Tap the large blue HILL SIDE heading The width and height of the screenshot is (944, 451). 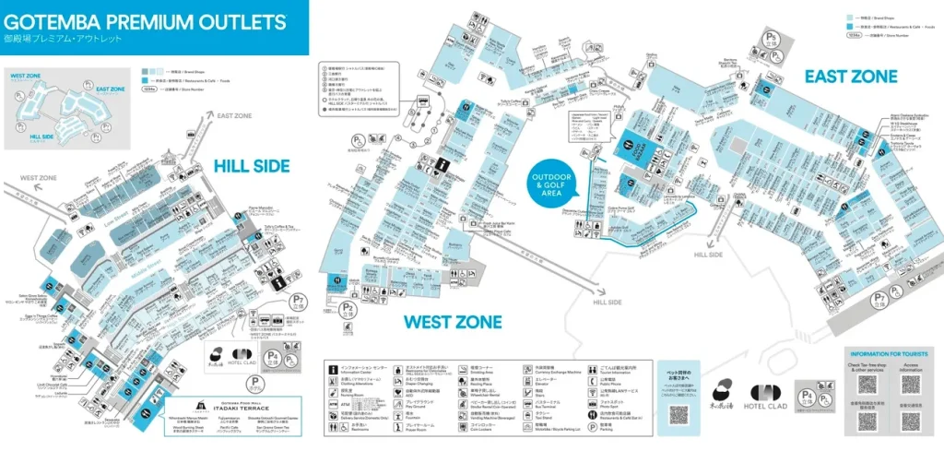(252, 166)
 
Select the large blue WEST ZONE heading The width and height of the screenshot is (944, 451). (453, 322)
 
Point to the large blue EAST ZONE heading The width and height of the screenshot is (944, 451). (850, 77)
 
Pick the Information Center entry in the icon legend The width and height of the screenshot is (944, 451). (368, 368)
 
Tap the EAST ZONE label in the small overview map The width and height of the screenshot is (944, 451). (110, 89)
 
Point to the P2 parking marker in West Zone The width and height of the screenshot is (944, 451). (348, 308)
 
